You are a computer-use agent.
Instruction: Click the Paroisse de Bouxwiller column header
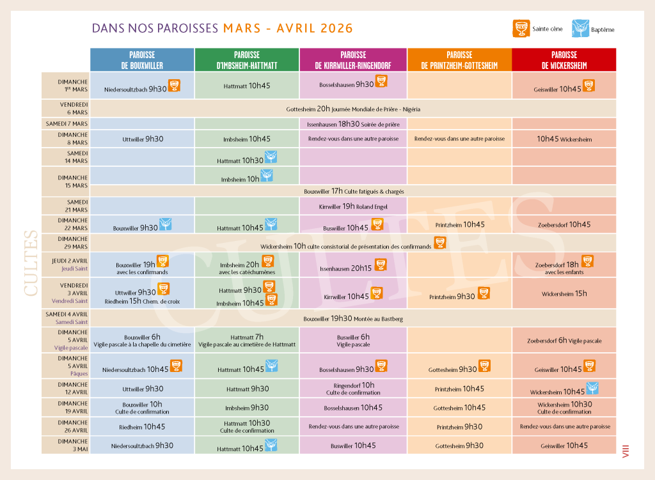tap(142, 60)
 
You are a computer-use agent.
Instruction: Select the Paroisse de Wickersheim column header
tap(564, 60)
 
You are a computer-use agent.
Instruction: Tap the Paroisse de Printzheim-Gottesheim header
tap(459, 60)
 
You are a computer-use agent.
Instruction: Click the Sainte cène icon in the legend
tap(522, 28)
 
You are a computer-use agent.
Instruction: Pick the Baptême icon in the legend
tap(580, 28)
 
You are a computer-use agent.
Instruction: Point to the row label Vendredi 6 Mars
tap(66, 108)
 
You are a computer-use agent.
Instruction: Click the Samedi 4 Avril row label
tap(66, 318)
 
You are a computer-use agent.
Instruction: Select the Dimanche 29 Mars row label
tap(66, 242)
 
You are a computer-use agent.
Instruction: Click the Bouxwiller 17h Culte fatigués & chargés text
tap(354, 190)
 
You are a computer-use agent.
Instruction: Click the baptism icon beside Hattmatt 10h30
tap(271, 157)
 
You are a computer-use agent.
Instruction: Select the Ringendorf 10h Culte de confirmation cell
tap(353, 389)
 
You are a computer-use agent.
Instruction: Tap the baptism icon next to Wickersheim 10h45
tap(592, 388)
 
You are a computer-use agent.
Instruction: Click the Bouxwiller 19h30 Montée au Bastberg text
tap(354, 318)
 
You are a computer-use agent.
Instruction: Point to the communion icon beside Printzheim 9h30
tap(484, 293)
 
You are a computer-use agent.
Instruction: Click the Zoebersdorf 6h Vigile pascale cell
tap(564, 341)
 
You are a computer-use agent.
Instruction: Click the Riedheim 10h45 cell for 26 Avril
tap(142, 427)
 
